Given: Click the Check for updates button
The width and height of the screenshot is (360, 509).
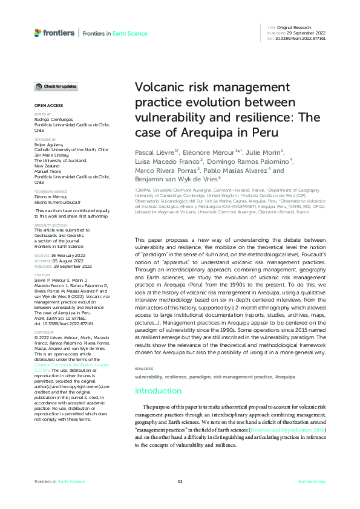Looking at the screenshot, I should [56, 87].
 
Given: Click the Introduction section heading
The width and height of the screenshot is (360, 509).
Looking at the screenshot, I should [158, 374].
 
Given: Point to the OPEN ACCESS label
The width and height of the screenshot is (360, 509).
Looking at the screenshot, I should [45, 105].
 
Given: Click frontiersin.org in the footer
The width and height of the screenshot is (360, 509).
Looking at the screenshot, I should [312, 481].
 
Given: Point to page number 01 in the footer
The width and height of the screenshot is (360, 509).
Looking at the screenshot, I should [180, 481].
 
